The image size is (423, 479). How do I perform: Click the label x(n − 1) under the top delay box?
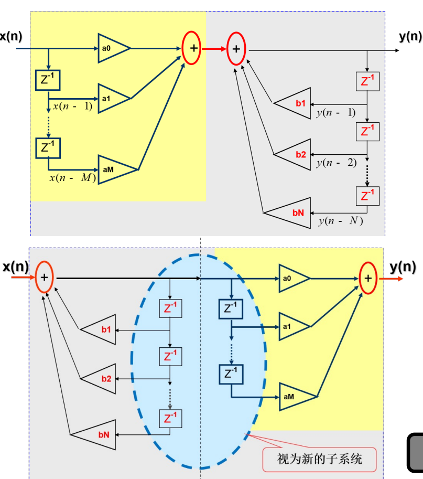73,107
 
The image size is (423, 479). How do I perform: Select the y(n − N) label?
340,221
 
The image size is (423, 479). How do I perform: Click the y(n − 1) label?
336,112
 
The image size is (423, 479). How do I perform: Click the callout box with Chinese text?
319,459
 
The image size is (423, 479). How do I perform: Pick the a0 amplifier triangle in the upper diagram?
111,49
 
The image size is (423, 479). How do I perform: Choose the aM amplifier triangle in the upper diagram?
114,169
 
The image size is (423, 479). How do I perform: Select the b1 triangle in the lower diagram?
101,330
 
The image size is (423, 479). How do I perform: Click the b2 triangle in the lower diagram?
101,378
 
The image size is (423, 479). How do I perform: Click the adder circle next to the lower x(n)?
45,278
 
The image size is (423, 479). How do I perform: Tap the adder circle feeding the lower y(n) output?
368,278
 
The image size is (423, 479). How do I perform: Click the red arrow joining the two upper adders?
214,49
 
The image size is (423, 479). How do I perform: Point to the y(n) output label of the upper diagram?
410,36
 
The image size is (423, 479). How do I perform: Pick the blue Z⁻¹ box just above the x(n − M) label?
48,147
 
